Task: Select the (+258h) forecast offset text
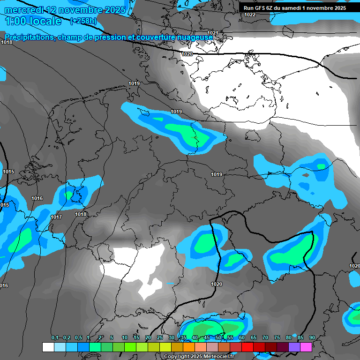click(83, 21)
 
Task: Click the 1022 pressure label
click(250, 15)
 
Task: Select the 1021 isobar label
click(212, 33)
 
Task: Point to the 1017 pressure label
click(56, 217)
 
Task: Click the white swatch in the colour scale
click(48, 347)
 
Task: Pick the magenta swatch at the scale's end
click(306, 347)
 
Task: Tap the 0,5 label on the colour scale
click(78, 338)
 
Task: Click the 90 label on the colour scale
click(312, 338)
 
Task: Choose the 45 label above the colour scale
click(207, 338)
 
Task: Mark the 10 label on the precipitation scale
click(125, 338)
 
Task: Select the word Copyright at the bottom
click(177, 356)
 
